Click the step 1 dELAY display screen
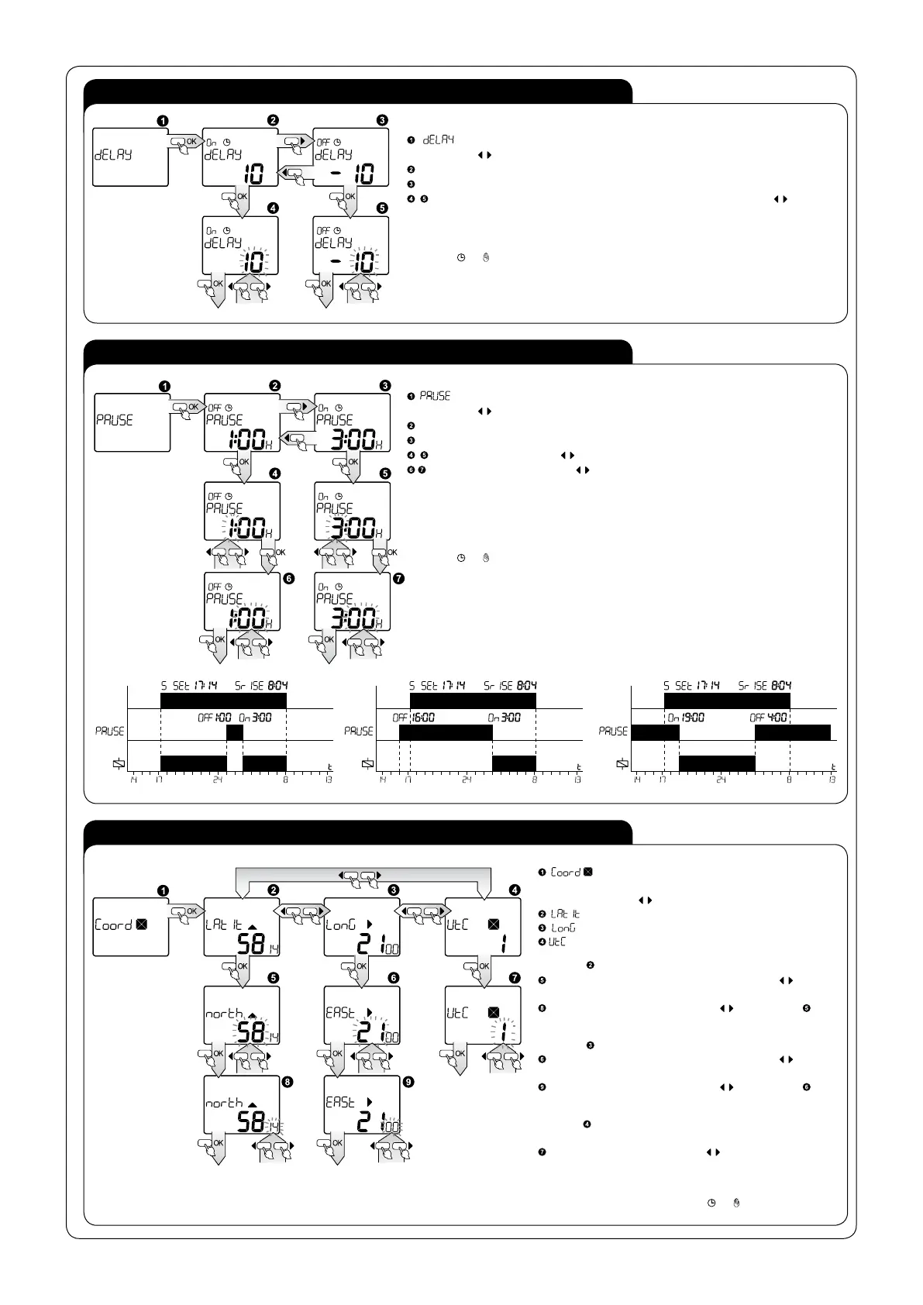(130, 157)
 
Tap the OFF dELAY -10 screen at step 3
(350, 157)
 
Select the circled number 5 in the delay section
(382, 208)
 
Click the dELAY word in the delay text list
(438, 139)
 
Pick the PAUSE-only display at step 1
(132, 422)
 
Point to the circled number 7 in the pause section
(400, 578)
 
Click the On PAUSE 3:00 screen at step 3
(352, 422)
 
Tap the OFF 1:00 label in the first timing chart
(215, 718)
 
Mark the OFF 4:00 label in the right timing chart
(769, 718)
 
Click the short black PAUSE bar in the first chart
(234, 732)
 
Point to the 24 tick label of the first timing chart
(218, 780)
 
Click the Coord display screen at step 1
(130, 927)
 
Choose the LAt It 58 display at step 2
(242, 927)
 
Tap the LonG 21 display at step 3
(362, 927)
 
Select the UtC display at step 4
(482, 927)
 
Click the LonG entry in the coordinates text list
(563, 928)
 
